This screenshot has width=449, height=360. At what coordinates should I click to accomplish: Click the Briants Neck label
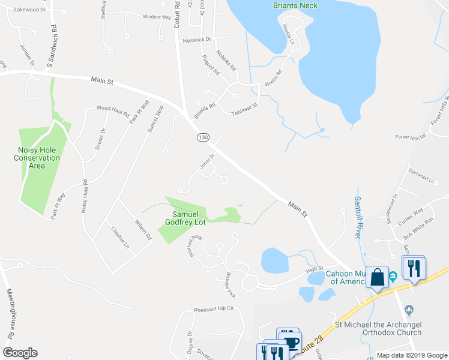pyautogui.click(x=295, y=5)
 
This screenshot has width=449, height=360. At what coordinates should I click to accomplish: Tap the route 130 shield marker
pyautogui.click(x=203, y=137)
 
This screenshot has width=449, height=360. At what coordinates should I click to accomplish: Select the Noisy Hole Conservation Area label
pyautogui.click(x=38, y=158)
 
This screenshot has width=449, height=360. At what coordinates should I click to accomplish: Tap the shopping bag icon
pyautogui.click(x=377, y=277)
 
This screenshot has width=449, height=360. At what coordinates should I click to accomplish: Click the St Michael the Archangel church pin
pyautogui.click(x=409, y=310)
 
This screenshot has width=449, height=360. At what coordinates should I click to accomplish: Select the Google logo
pyautogui.click(x=20, y=353)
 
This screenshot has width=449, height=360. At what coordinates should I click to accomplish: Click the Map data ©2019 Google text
pyautogui.click(x=412, y=355)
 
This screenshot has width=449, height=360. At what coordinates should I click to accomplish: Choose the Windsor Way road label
pyautogui.click(x=157, y=17)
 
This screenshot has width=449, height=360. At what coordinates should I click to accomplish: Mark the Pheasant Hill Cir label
pyautogui.click(x=212, y=310)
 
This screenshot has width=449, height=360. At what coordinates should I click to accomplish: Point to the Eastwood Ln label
pyautogui.click(x=420, y=178)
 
